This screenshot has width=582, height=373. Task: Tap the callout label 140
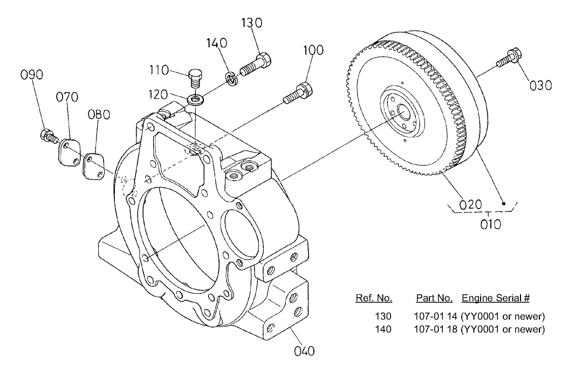[216, 43]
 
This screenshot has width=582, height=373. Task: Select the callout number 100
[313, 50]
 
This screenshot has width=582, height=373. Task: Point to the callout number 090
[31, 75]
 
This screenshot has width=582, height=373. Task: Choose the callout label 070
[67, 97]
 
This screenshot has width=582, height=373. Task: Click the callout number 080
[99, 114]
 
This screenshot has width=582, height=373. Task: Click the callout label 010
[490, 223]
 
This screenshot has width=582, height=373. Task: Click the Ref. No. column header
[374, 298]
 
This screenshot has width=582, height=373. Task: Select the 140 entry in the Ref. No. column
[383, 329]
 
